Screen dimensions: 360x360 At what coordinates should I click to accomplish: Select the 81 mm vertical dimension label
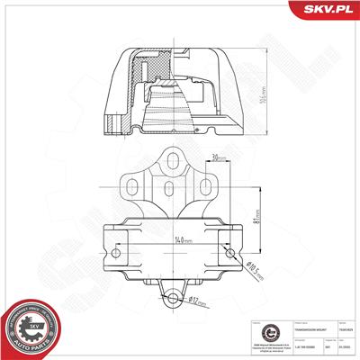pyautogui.click(x=259, y=217)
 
